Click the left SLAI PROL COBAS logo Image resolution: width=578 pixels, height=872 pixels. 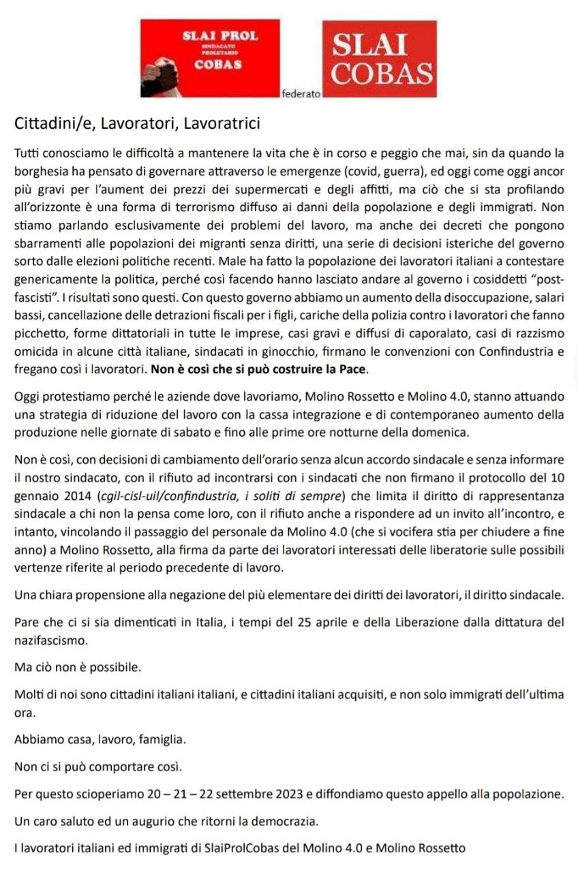click(x=209, y=58)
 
